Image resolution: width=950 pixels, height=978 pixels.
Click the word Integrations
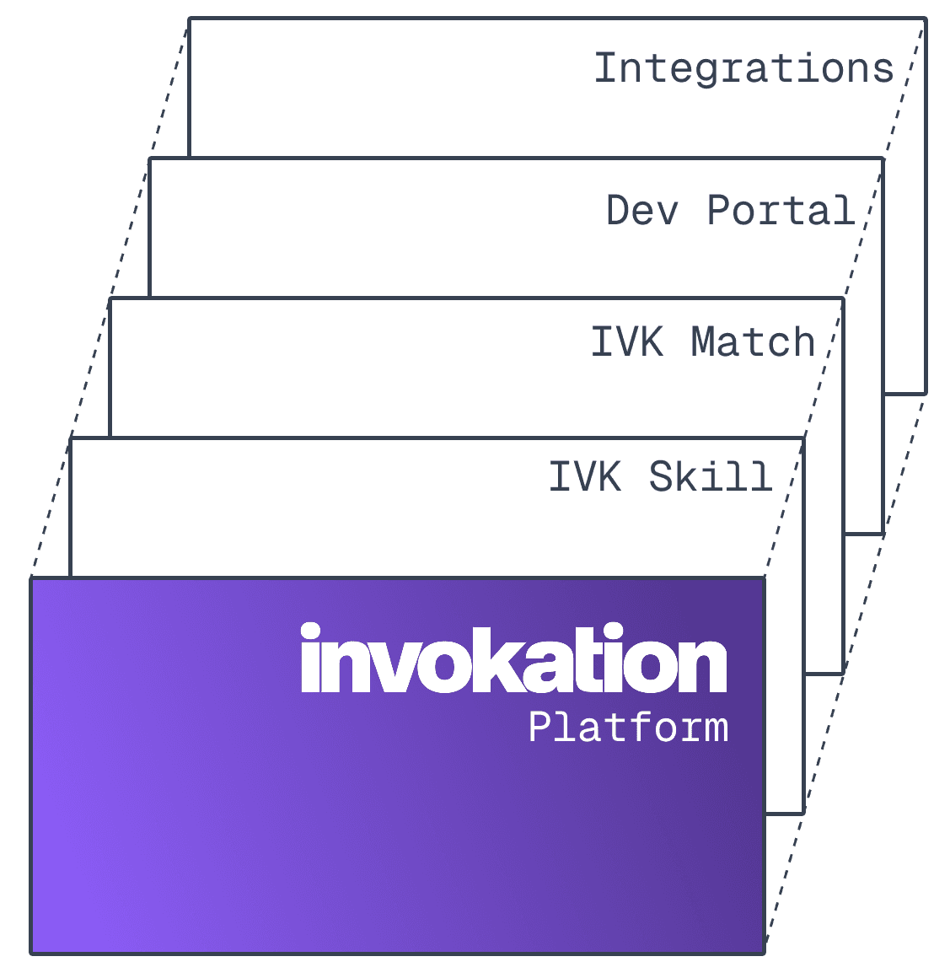pos(743,68)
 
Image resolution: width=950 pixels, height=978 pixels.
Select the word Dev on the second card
pos(642,210)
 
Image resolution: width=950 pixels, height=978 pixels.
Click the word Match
pos(753,342)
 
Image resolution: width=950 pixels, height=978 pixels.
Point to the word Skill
pos(711,476)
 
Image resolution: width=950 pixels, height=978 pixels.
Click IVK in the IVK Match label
pos(627,342)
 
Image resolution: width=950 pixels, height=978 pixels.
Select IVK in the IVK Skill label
pos(585,476)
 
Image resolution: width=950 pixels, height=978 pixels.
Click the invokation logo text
pos(513,659)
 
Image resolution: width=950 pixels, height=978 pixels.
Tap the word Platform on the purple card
pos(628,727)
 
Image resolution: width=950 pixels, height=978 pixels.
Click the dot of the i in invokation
pos(311,631)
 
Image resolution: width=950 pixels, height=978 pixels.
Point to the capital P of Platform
pos(539,727)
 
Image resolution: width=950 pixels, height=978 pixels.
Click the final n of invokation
pos(703,666)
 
